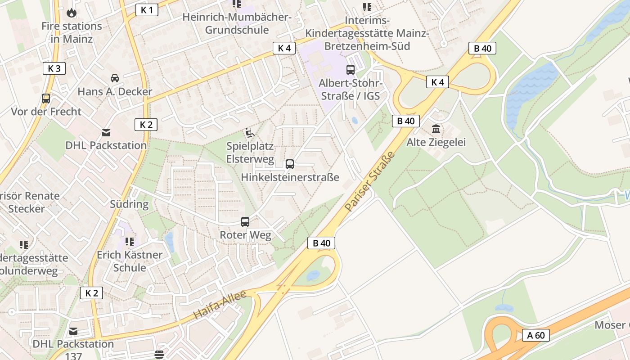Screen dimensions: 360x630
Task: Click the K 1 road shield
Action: tap(147, 10)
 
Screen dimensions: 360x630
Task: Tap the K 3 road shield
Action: tap(54, 68)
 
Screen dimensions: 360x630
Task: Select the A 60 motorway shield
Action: tap(536, 335)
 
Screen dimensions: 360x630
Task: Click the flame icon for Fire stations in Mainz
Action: tap(72, 13)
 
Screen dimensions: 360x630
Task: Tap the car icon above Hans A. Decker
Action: tap(115, 78)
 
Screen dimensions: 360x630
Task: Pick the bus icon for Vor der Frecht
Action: tap(45, 99)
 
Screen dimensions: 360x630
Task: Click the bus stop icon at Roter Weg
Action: tap(245, 222)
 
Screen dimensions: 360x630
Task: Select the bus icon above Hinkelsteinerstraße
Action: tap(290, 164)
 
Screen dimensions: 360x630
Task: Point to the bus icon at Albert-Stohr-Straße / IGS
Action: tap(351, 70)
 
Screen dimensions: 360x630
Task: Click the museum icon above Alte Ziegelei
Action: tap(436, 129)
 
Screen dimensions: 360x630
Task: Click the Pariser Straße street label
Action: tap(369, 181)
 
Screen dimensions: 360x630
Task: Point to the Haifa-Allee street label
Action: tap(220, 305)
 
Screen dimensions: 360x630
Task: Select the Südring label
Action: tap(129, 204)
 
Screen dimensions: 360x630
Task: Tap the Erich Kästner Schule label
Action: tap(130, 261)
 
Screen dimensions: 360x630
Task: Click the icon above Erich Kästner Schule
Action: tap(130, 242)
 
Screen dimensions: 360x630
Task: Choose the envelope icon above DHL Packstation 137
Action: tap(73, 331)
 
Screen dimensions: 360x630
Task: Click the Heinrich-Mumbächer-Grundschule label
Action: tap(237, 24)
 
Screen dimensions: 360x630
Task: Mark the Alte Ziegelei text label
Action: tap(436, 143)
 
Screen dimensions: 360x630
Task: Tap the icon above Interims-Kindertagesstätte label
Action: tap(367, 7)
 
